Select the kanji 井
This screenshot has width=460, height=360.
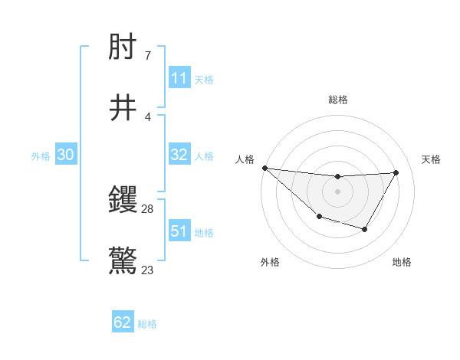[x=123, y=107]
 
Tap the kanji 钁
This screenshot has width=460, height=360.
[x=123, y=201]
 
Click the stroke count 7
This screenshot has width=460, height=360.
[x=148, y=56]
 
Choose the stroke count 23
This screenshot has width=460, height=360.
[x=148, y=270]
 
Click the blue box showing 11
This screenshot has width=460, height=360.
[x=179, y=78]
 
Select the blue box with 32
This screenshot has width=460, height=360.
[x=179, y=155]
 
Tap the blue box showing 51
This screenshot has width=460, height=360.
[x=179, y=231]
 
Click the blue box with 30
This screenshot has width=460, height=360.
[x=66, y=155]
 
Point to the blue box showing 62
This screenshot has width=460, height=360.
[x=123, y=322]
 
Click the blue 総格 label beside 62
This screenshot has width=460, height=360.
[x=147, y=324]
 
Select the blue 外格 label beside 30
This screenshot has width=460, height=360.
[x=41, y=156]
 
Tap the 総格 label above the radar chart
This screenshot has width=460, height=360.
[x=337, y=100]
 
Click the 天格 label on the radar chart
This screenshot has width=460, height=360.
[x=432, y=159]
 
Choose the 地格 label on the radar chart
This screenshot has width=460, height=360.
[x=402, y=262]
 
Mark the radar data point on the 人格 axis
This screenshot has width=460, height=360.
[x=264, y=168]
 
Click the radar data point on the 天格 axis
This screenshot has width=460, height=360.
[x=396, y=172]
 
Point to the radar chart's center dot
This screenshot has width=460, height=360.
[x=337, y=191]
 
